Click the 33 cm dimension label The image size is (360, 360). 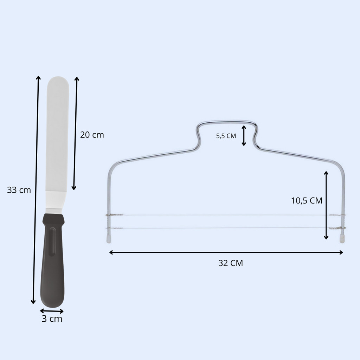(19, 190)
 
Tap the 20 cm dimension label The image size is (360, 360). (92, 135)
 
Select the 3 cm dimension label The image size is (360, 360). (52, 319)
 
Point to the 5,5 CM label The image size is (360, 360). (226, 136)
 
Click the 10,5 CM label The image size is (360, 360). (307, 201)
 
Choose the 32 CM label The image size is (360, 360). (231, 263)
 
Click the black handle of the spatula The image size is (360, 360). (53, 261)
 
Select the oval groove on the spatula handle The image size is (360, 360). (53, 242)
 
